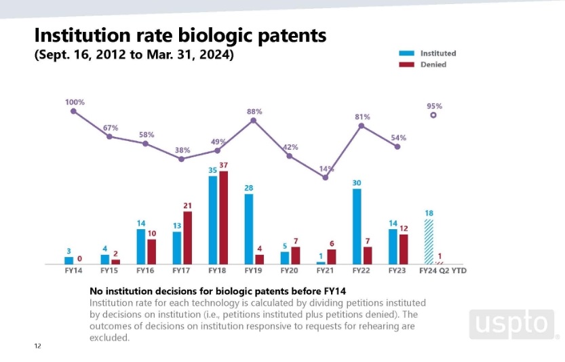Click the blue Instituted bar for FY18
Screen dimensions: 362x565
(212, 220)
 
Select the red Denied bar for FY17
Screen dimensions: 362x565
(188, 237)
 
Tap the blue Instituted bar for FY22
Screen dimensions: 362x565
(357, 226)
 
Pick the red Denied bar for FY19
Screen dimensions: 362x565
(260, 259)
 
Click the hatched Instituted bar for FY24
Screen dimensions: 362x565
(429, 241)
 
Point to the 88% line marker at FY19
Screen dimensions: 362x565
(254, 121)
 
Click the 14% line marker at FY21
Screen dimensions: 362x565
(326, 178)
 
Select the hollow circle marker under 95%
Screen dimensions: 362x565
(433, 115)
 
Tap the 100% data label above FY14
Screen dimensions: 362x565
(75, 102)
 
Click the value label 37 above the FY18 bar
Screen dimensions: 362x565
(224, 165)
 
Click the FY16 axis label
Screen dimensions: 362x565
(145, 270)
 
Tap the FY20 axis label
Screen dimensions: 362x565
(290, 270)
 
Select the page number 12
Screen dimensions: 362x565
(38, 346)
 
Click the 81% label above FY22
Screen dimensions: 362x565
(362, 117)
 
